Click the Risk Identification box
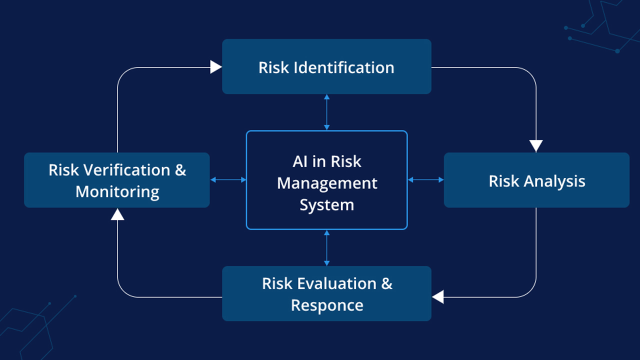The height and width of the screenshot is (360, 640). pos(326,66)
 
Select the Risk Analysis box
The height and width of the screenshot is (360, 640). pos(536,180)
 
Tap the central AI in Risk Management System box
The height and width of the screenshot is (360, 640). pos(326,180)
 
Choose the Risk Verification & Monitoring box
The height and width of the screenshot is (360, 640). pos(116,180)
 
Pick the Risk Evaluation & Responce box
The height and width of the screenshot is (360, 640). pos(326,293)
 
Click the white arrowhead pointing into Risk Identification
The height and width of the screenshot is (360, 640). pos(216,67)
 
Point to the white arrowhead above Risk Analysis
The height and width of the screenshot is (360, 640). pos(536,146)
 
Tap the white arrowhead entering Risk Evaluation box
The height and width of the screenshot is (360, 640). pos(438,297)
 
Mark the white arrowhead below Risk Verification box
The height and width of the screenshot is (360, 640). pos(117,214)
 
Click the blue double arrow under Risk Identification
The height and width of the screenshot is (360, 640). pos(326,112)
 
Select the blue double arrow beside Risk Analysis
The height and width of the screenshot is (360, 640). pos(425,180)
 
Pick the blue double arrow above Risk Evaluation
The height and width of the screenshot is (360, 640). pos(326,247)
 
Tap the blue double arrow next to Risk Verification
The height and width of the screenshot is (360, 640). pos(228,180)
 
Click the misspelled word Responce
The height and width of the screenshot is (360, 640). pos(327,305)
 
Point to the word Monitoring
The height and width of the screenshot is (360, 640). pos(117,192)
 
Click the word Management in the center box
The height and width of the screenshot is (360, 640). pos(327,183)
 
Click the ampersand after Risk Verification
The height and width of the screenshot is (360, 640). pos(180,170)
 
